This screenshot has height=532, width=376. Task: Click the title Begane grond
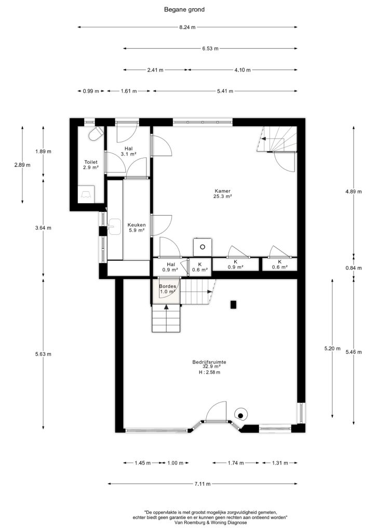[184, 9]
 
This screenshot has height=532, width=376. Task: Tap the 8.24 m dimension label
[187, 27]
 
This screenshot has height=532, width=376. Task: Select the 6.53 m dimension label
[210, 48]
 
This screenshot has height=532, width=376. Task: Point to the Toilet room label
[91, 162]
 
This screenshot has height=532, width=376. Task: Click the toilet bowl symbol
[96, 133]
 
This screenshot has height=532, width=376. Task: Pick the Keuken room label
[137, 225]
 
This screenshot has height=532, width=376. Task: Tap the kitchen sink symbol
[115, 227]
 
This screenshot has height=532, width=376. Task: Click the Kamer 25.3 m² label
[223, 193]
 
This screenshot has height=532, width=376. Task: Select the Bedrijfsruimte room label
[209, 362]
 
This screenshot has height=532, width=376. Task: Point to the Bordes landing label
[168, 286]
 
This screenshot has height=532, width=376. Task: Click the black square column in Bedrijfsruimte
[233, 304]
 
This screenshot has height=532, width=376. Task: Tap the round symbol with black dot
[240, 415]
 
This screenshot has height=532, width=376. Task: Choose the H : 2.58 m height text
[209, 372]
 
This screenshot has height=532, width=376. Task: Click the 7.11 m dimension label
[203, 484]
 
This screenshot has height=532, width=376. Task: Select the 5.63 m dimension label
[43, 354]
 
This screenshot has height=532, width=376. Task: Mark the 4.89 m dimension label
[353, 191]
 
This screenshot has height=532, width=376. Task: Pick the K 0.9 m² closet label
[236, 264]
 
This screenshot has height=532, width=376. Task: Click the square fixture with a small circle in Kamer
[203, 247]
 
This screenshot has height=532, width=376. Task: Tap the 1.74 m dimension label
[236, 463]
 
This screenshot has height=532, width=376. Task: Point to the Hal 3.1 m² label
[128, 151]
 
